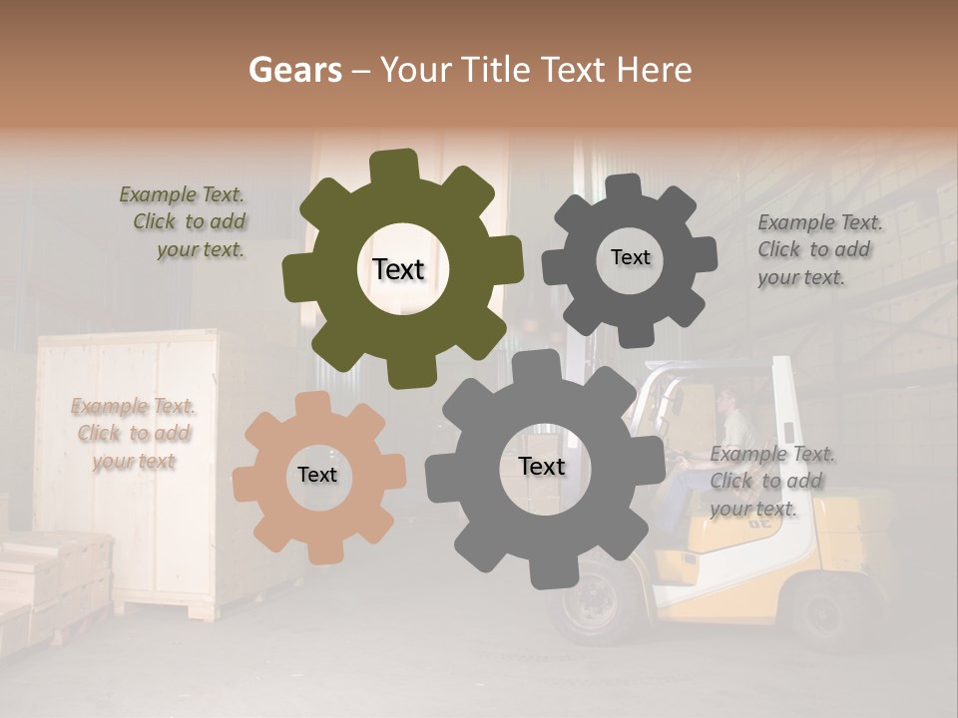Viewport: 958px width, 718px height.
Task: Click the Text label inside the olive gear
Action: click(x=398, y=269)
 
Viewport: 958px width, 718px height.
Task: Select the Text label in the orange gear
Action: click(x=317, y=475)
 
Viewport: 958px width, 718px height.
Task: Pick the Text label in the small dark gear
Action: click(x=630, y=257)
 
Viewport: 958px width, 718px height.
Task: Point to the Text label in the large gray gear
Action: click(x=542, y=466)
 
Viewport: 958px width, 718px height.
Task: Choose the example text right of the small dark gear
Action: click(x=818, y=249)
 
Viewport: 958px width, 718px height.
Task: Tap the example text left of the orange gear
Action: click(x=134, y=434)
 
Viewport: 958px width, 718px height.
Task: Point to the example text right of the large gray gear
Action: click(x=771, y=481)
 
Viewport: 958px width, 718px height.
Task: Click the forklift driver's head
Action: click(x=725, y=397)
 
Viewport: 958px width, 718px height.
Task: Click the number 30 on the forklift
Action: click(x=759, y=521)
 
